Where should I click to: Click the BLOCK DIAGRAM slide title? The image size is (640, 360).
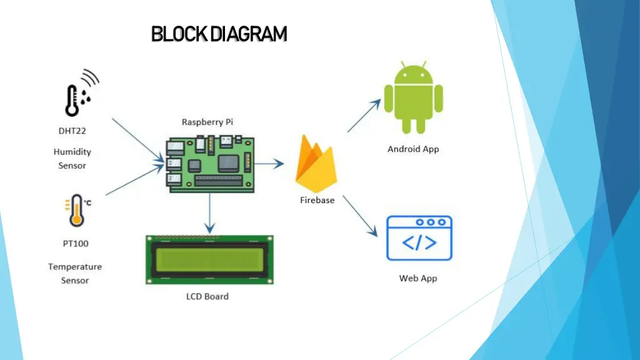pos(219,34)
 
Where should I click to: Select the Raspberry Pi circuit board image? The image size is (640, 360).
pos(210,162)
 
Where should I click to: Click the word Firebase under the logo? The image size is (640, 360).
pos(317,201)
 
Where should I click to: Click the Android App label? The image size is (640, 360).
pos(413,149)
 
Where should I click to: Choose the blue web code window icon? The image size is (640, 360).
pos(419,238)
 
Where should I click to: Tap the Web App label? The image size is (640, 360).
pos(418,278)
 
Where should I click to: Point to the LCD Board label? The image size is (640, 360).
pos(207,296)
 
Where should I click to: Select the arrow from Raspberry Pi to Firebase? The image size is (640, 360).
pos(269,164)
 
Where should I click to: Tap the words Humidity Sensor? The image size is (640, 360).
pos(72,159)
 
